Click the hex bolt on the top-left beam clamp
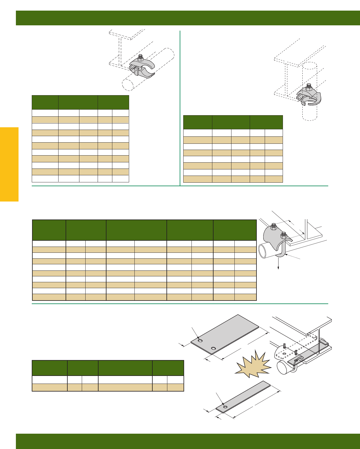click(x=140, y=57)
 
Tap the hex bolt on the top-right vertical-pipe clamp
click(x=309, y=87)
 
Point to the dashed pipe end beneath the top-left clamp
click(x=128, y=85)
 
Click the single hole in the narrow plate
click(x=225, y=407)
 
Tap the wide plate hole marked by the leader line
click(x=200, y=341)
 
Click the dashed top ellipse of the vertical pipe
click(x=310, y=66)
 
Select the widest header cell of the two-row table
click(x=125, y=368)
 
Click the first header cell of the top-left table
click(x=45, y=102)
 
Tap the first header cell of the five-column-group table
click(x=49, y=230)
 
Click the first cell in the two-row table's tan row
click(x=49, y=387)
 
